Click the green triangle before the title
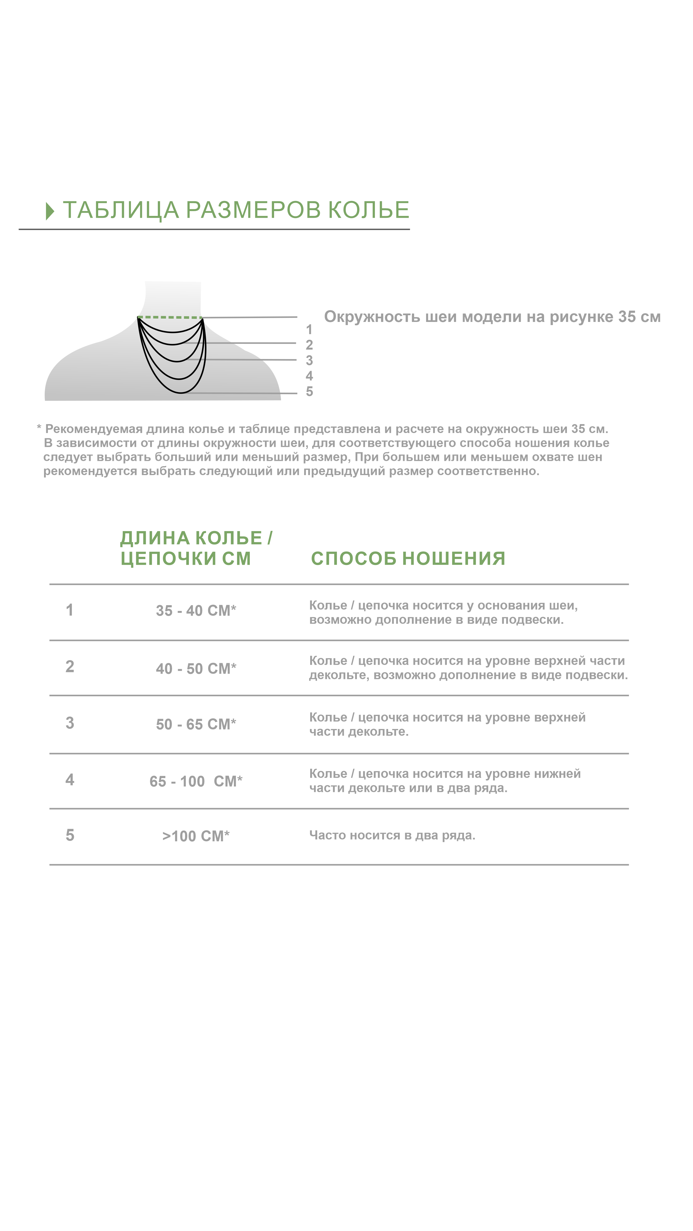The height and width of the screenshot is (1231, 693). (50, 211)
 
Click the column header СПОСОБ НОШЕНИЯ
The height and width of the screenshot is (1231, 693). (408, 558)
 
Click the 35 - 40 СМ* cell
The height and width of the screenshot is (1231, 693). (196, 610)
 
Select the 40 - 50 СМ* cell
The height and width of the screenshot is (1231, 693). (196, 668)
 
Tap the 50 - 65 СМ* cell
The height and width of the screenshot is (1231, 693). (196, 724)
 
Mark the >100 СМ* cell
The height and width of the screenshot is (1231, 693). (196, 836)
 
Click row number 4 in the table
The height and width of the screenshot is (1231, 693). (70, 780)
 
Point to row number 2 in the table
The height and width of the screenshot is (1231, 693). (70, 666)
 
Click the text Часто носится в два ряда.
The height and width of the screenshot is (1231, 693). (392, 835)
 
